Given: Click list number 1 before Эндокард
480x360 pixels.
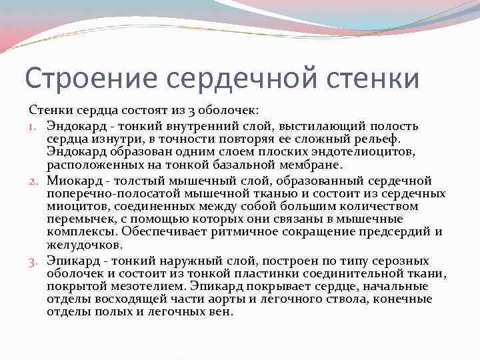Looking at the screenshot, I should (34, 126).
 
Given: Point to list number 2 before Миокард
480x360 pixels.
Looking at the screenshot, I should (34, 181).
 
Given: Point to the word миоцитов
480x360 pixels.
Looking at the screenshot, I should (74, 207).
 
